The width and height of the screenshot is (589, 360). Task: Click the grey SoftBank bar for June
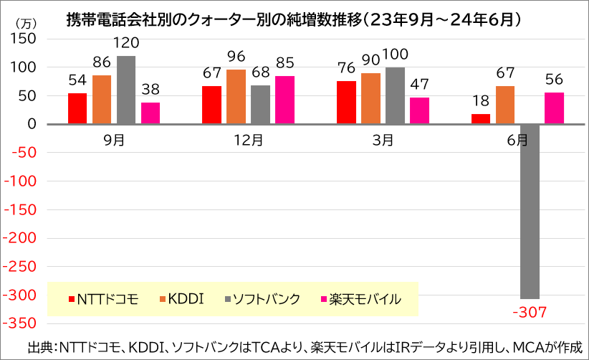530,212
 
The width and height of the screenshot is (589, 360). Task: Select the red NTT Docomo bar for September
77,108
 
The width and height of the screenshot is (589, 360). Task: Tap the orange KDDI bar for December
236,97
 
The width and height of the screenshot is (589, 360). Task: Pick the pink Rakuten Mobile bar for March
419,111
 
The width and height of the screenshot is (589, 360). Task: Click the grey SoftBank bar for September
126,90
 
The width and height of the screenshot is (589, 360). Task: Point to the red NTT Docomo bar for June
481,119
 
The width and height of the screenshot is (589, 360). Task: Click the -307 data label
530,312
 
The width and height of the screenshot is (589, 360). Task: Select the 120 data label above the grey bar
126,43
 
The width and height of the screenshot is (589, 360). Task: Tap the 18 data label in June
481,100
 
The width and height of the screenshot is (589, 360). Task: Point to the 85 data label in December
284,63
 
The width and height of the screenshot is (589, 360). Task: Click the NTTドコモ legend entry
104,299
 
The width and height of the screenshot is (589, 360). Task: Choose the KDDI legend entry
182,299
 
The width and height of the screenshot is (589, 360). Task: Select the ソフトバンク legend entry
262,299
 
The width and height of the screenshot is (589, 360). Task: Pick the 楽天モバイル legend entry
361,299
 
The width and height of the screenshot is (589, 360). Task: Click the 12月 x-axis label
249,140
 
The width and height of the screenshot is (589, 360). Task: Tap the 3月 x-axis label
383,140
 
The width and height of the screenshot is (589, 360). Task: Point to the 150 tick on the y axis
24,39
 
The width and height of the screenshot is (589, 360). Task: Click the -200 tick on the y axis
19,238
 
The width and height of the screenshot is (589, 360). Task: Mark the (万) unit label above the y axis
26,24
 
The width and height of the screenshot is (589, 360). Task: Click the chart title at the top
294,19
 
